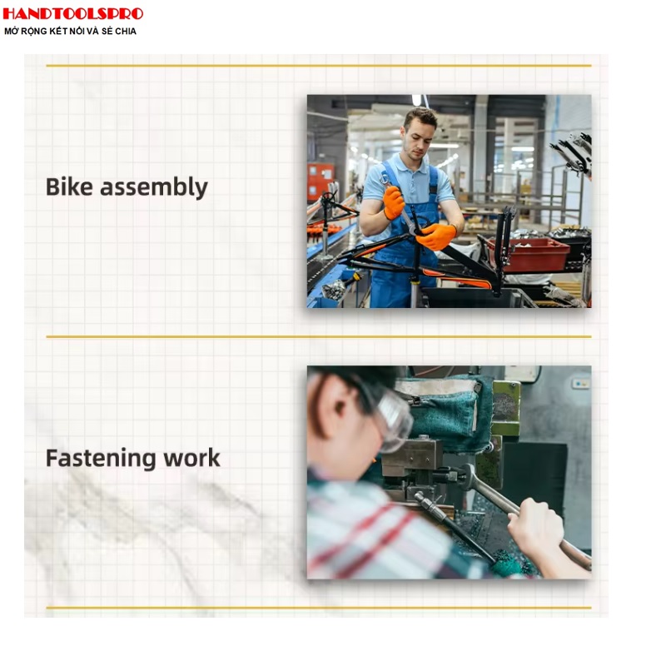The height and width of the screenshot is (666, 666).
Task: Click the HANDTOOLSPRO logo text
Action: click(x=73, y=13)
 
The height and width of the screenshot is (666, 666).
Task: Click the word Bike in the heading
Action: click(x=69, y=186)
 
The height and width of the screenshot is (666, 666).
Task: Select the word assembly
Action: click(x=154, y=187)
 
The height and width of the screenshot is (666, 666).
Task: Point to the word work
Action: click(x=192, y=458)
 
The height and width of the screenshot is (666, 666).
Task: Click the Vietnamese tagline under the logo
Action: click(x=70, y=32)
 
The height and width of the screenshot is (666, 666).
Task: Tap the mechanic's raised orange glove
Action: click(x=393, y=202)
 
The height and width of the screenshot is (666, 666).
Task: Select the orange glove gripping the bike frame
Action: click(x=435, y=236)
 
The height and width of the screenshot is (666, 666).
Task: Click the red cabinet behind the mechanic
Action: click(x=321, y=181)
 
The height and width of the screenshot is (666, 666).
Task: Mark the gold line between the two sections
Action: click(x=319, y=337)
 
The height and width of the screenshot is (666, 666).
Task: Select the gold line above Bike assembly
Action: click(x=319, y=66)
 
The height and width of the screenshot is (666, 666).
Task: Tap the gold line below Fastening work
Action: click(x=319, y=608)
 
